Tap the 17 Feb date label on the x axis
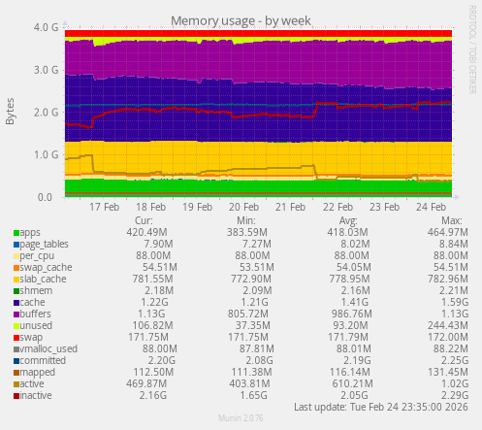coord(104,207)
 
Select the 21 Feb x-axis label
coord(290,207)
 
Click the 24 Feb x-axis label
coord(430,207)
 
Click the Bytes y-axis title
coord(11,112)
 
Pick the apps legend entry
coord(29,233)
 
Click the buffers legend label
coord(35,314)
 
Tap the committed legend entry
coord(42,361)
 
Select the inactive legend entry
coord(37,396)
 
